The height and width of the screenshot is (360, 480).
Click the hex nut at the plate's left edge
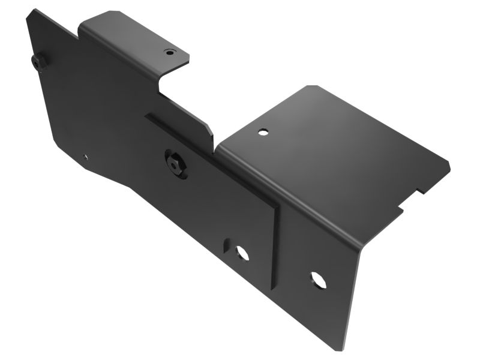tap(39, 62)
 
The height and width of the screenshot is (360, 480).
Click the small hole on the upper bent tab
tap(170, 52)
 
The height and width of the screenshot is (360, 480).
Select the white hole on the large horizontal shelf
tap(263, 131)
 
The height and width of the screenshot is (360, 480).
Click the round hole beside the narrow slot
tap(242, 253)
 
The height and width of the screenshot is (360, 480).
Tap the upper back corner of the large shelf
tap(310, 86)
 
